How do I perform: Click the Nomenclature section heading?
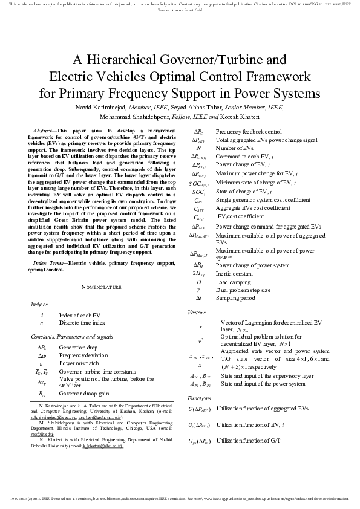(101, 287)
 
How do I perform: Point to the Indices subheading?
(39, 303)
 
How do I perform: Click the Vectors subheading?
(197, 312)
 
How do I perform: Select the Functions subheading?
(199, 398)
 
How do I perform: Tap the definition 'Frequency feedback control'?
(249, 131)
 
